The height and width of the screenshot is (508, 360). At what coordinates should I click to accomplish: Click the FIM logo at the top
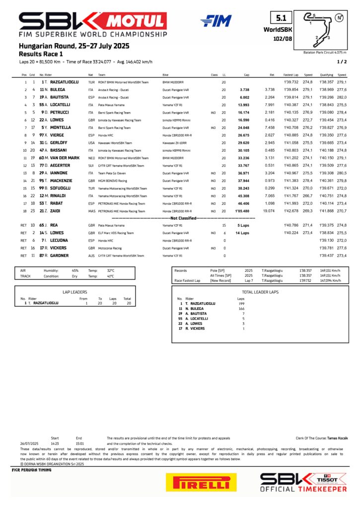click(x=216, y=21)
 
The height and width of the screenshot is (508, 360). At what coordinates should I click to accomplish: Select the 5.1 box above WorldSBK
click(x=281, y=19)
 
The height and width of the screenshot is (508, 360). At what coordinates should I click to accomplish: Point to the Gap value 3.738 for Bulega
click(x=244, y=90)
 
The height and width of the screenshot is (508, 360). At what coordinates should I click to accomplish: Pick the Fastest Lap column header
click(x=291, y=74)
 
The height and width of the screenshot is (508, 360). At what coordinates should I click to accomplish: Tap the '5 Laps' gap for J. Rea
click(x=243, y=225)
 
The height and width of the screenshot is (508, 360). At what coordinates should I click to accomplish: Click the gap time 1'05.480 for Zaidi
click(x=242, y=211)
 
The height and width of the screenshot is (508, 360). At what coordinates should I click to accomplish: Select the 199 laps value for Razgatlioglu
click(x=241, y=303)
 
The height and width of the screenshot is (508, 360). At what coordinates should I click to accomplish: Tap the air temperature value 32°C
click(x=111, y=270)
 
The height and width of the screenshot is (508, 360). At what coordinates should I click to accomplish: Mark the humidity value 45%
click(x=75, y=270)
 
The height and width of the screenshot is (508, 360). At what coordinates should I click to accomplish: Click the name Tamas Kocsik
click(x=329, y=438)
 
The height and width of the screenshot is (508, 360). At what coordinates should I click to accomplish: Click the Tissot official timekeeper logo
click(x=304, y=482)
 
